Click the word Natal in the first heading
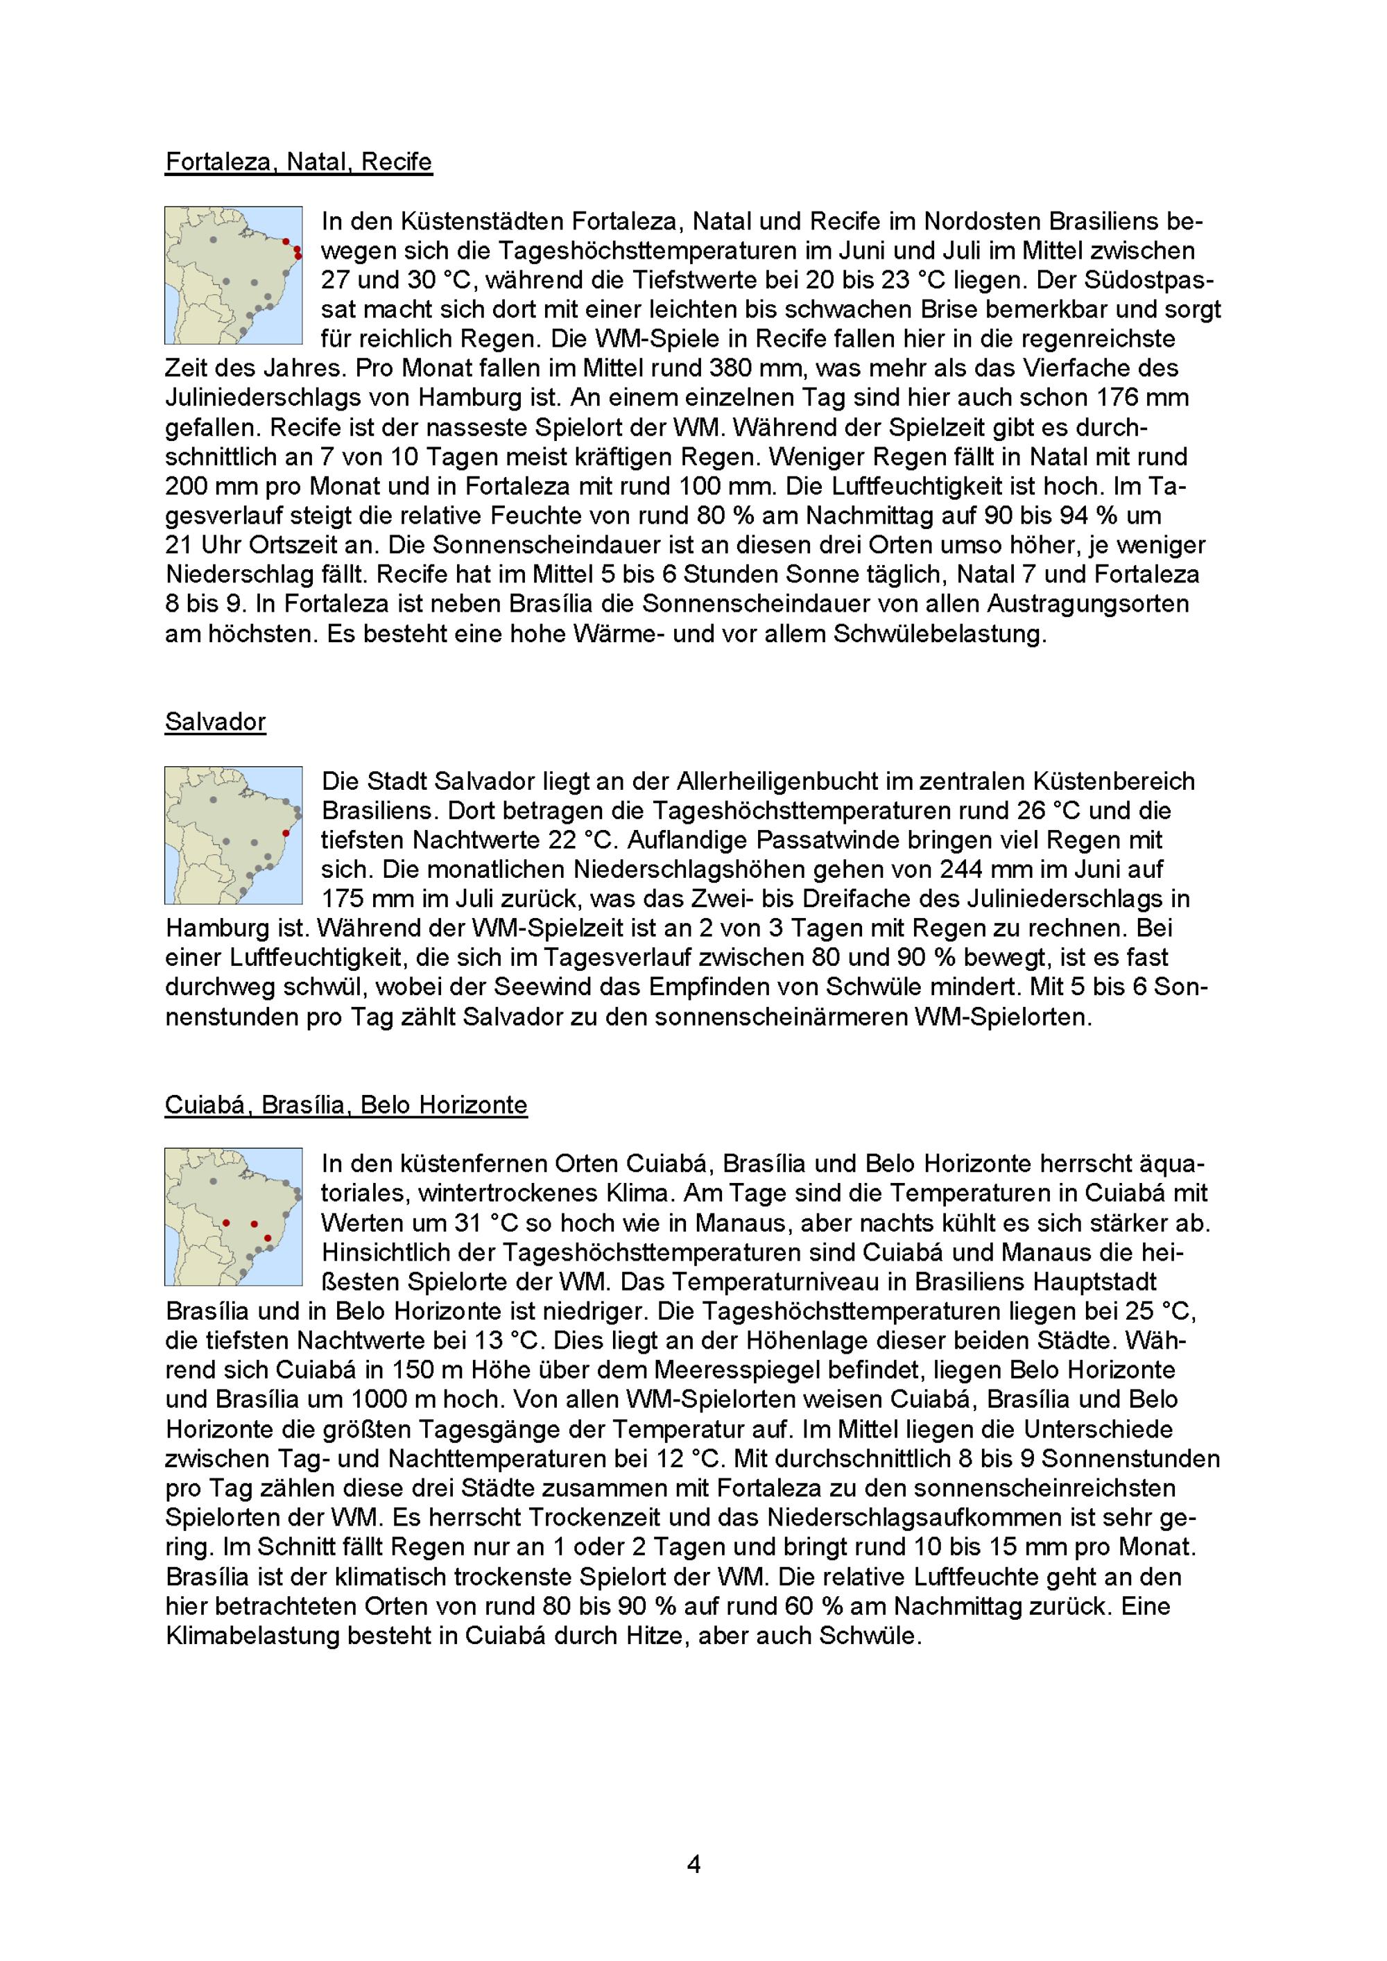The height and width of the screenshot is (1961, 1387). [317, 162]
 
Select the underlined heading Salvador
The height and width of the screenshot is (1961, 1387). [215, 722]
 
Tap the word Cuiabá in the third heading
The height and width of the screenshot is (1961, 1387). [207, 1105]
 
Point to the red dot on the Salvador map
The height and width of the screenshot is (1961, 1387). [286, 833]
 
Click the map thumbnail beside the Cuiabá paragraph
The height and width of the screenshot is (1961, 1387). [233, 1216]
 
